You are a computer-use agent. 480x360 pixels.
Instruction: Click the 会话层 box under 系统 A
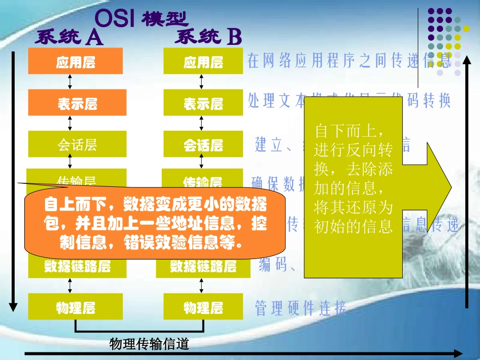[x=77, y=145]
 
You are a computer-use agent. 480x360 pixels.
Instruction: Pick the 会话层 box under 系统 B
[x=203, y=145]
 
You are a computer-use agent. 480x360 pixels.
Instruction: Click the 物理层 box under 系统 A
[x=75, y=306]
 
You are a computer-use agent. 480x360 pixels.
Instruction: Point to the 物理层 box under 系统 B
[x=203, y=306]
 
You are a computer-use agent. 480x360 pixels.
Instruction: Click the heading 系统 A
[x=69, y=38]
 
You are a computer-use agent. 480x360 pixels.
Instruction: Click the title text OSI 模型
[x=141, y=19]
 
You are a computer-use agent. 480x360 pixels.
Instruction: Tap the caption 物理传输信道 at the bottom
[x=149, y=344]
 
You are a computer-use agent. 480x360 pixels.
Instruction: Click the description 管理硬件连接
[x=301, y=307]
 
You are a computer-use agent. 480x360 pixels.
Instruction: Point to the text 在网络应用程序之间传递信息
[x=349, y=61]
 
